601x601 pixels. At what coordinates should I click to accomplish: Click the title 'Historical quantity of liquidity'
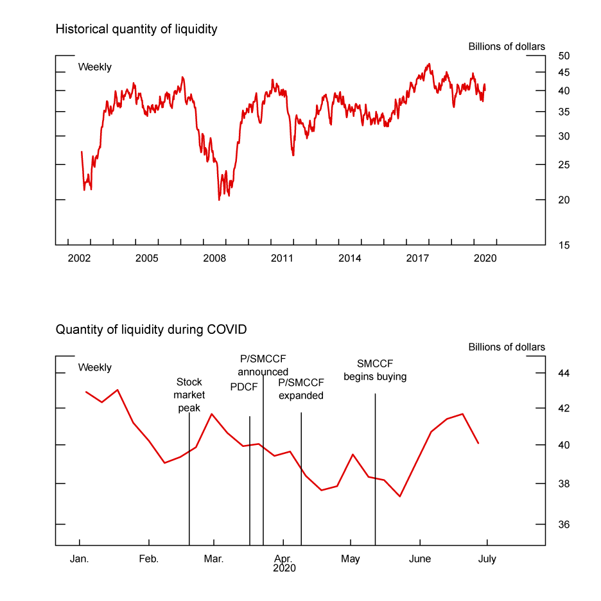(x=136, y=29)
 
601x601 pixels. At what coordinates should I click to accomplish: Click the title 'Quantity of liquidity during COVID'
(x=151, y=329)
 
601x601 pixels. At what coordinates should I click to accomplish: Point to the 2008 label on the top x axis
(x=214, y=258)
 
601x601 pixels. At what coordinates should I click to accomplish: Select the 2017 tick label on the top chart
(x=418, y=258)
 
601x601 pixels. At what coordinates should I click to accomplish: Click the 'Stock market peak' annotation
(x=189, y=395)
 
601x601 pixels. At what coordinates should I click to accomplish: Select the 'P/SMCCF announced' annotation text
(x=263, y=365)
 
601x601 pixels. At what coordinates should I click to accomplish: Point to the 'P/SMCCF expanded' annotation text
(x=300, y=389)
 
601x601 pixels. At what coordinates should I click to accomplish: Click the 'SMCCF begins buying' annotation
(x=375, y=370)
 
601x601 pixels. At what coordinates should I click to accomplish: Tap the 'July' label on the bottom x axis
(x=487, y=559)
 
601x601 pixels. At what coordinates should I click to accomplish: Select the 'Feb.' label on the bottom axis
(x=149, y=559)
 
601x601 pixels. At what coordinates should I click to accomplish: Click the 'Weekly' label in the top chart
(x=95, y=67)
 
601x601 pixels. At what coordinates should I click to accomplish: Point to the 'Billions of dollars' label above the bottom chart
(x=507, y=347)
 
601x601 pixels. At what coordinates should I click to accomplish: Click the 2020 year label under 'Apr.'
(x=284, y=568)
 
